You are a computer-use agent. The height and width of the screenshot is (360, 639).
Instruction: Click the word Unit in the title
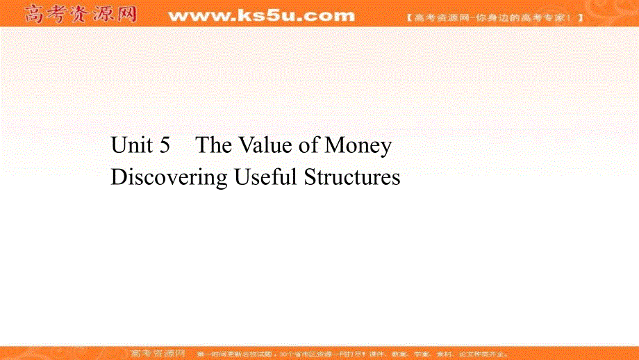point(130,146)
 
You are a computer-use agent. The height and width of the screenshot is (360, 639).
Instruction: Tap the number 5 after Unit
point(165,146)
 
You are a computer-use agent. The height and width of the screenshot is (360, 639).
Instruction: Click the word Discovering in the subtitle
point(169,178)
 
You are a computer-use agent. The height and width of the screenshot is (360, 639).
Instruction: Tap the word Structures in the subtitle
point(353,178)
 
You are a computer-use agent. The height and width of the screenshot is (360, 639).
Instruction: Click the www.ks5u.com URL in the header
point(261,15)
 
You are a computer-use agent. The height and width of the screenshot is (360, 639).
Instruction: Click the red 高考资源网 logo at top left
point(79,14)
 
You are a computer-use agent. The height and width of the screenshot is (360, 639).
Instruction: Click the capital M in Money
point(336,146)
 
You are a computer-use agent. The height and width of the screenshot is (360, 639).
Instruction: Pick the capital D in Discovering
point(119,178)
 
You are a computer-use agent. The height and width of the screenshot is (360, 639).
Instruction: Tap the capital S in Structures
point(310,178)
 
